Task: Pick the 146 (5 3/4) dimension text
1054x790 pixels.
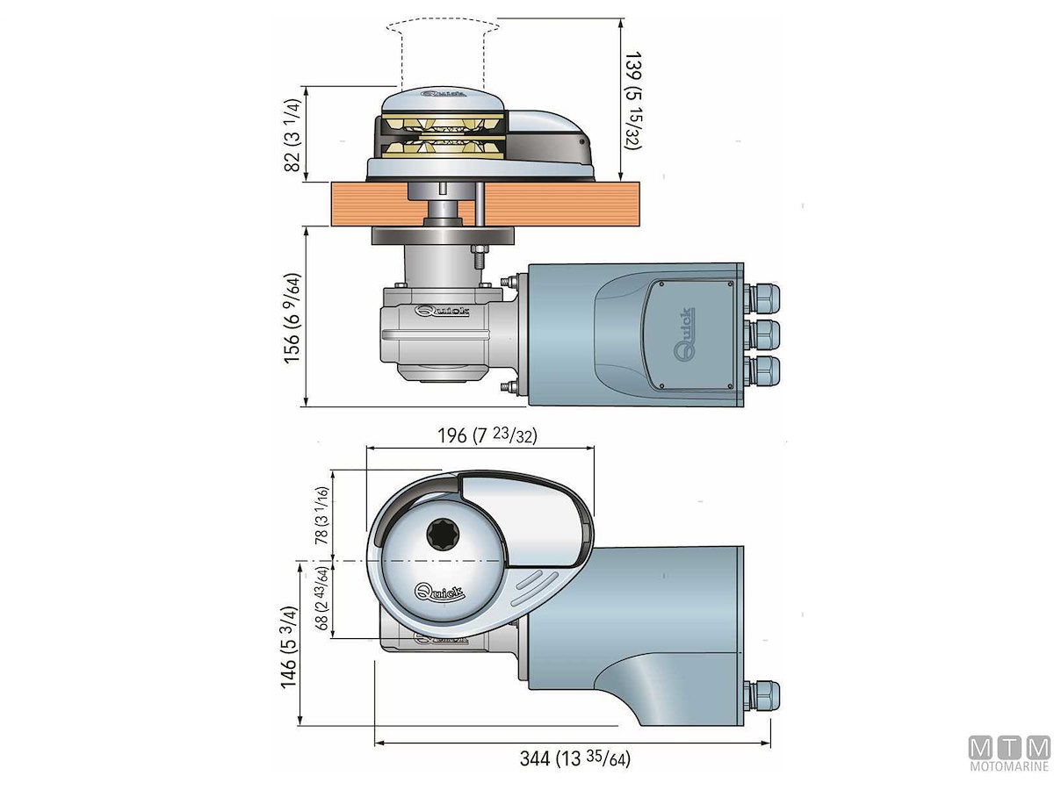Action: click(293, 648)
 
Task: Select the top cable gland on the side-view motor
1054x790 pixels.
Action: click(763, 301)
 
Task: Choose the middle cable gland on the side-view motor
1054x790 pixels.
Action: click(763, 334)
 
